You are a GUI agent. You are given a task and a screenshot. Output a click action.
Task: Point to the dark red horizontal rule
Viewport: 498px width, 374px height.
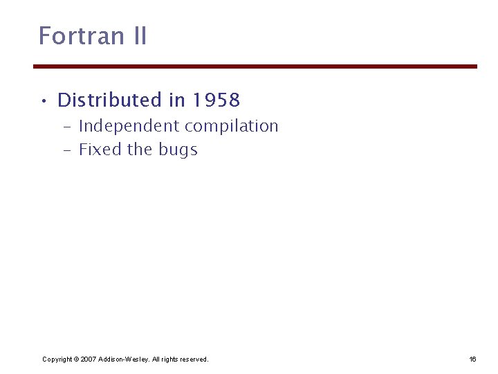[255, 66]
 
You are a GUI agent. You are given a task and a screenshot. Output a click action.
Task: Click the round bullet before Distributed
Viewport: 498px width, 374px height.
[44, 102]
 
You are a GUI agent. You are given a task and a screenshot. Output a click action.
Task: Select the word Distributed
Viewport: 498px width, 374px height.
[109, 100]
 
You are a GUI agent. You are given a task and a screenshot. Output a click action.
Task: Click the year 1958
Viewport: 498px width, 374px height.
[216, 100]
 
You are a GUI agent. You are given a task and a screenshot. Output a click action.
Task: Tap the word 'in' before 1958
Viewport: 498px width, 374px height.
[176, 100]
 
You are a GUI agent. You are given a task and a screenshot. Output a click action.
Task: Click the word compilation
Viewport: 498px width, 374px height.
[231, 126]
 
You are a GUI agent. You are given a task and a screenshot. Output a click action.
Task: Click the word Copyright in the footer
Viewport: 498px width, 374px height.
[57, 359]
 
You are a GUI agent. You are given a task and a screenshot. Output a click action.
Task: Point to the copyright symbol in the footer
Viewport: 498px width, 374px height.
[76, 359]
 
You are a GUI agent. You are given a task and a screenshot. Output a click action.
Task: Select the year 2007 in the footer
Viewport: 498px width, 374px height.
[89, 359]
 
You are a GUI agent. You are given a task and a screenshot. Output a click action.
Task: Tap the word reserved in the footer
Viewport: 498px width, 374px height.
[193, 359]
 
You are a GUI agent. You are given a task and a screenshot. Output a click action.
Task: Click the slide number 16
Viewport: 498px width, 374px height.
[473, 359]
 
